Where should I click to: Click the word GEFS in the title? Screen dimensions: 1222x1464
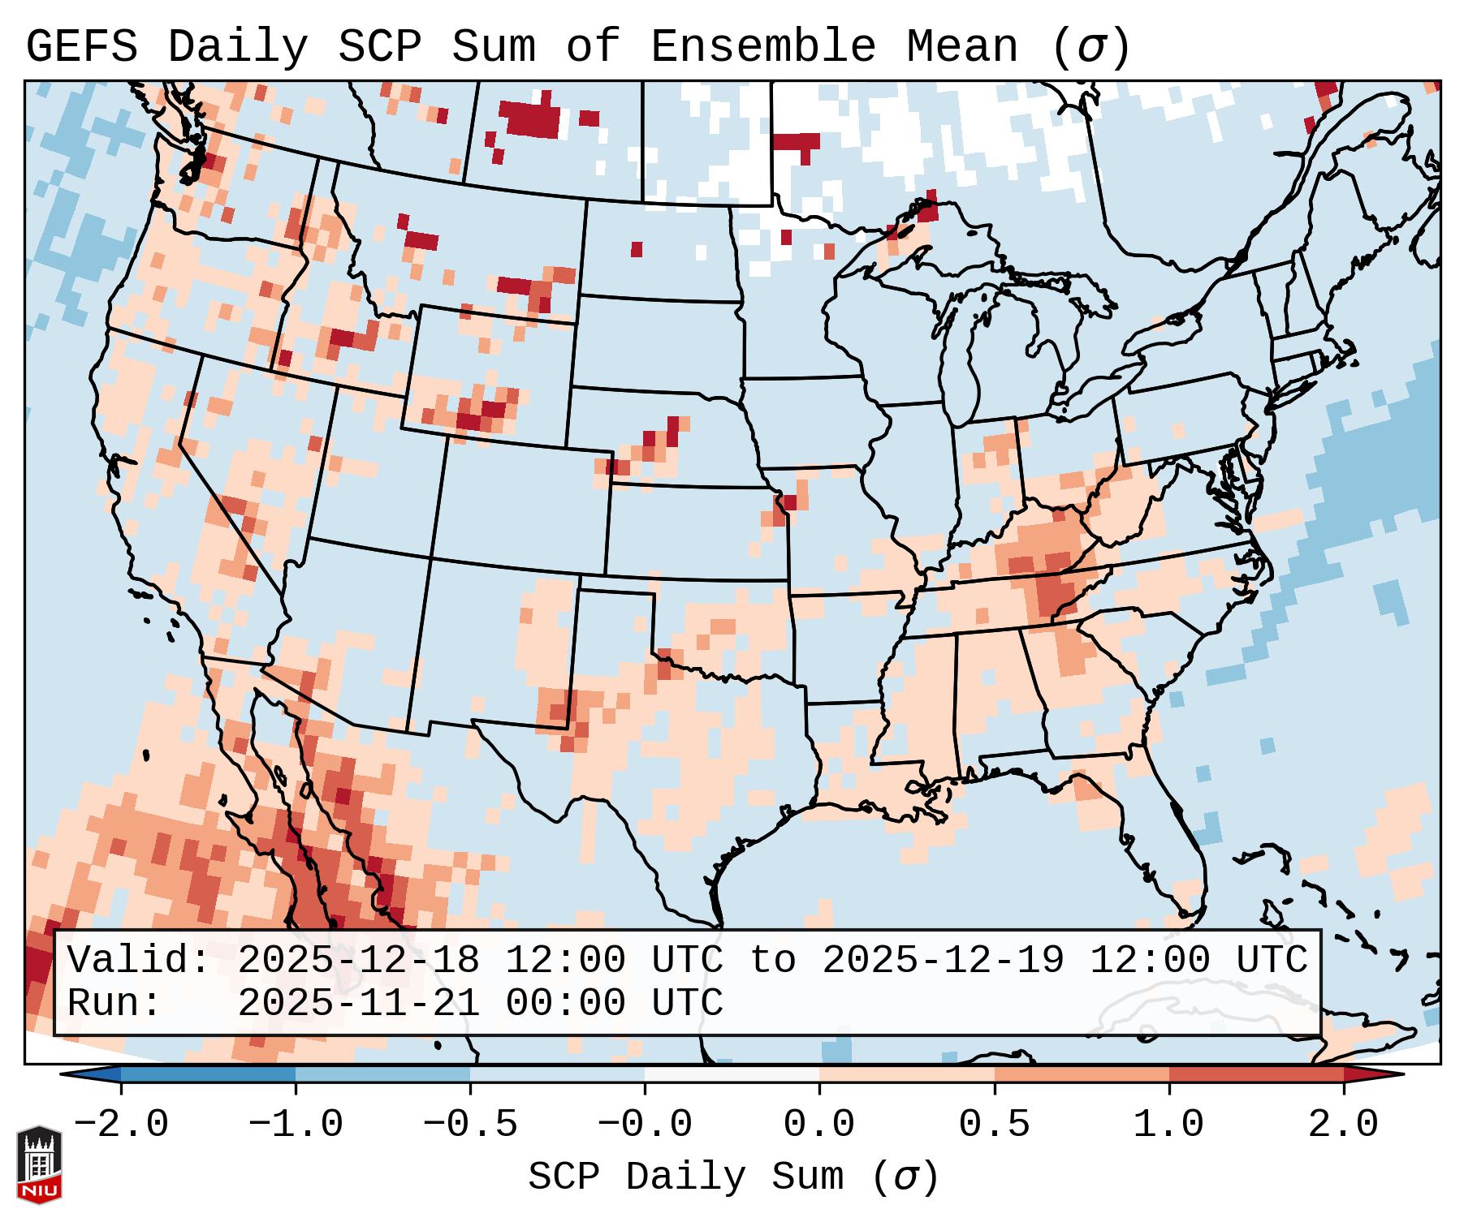coord(81,47)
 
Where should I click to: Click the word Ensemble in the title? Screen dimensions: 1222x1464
coord(763,47)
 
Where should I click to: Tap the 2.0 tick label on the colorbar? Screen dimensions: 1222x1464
coord(1344,1125)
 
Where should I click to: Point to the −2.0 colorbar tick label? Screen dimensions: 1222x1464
coord(121,1125)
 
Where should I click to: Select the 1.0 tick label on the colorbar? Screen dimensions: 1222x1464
coord(1168,1125)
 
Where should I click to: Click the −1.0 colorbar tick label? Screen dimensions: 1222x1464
coord(296,1125)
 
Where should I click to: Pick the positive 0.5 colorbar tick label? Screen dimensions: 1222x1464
coord(994,1125)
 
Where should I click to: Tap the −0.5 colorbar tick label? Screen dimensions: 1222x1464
coord(470,1125)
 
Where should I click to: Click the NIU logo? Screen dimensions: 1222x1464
coord(39,1164)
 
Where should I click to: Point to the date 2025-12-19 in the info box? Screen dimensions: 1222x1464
coord(943,961)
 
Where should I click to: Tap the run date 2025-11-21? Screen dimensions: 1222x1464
coord(358,1004)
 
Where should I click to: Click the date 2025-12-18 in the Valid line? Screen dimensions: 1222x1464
coord(358,961)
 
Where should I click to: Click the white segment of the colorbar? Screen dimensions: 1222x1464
coord(732,1074)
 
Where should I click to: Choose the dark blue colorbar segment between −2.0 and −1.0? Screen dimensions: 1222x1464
coord(208,1074)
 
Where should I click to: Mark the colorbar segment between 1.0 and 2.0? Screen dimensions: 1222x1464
coord(1256,1074)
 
